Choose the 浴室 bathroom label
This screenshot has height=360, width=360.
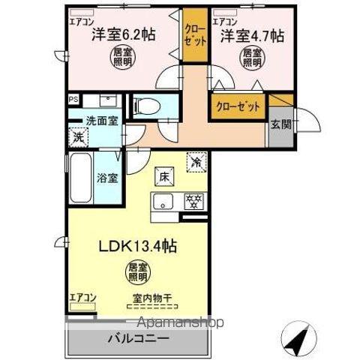pos(106,178)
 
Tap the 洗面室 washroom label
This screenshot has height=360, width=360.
pos(100,121)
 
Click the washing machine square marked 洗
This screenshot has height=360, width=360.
pos(76,137)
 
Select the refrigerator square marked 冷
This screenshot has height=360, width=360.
pos(196,160)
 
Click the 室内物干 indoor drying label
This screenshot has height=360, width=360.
pos(147,298)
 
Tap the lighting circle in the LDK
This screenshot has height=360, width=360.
pos(136,271)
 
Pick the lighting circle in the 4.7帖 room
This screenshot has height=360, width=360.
pos(250,59)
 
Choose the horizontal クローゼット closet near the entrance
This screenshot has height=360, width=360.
pos(238,106)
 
